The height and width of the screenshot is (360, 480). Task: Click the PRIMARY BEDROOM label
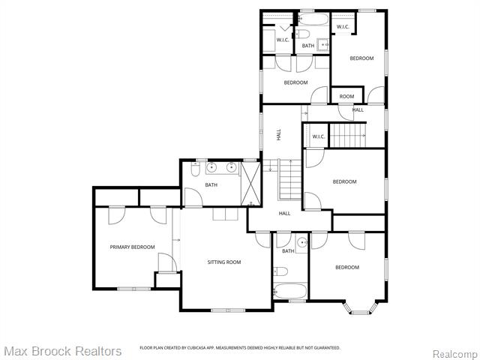[132, 247]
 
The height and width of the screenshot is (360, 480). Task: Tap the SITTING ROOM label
[224, 262]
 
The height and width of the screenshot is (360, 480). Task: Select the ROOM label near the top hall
[346, 96]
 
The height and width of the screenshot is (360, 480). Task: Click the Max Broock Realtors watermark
[62, 351]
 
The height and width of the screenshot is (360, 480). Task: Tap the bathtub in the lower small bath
[290, 292]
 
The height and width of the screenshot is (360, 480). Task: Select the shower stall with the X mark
[250, 183]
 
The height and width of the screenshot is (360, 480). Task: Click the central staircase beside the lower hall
[289, 179]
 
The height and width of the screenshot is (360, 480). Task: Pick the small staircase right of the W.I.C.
[348, 136]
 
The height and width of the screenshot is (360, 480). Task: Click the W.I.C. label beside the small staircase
[318, 136]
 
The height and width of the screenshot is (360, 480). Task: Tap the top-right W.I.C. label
[343, 27]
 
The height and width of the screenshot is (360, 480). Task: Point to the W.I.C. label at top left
[283, 40]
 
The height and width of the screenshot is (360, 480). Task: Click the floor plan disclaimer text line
[240, 348]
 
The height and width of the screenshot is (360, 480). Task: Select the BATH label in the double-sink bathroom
[211, 184]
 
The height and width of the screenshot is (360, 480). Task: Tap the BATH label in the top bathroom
[308, 46]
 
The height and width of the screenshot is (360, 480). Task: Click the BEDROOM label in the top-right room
[361, 58]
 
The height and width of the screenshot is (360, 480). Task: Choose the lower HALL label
[285, 214]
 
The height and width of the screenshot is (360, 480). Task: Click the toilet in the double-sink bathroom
[195, 171]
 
